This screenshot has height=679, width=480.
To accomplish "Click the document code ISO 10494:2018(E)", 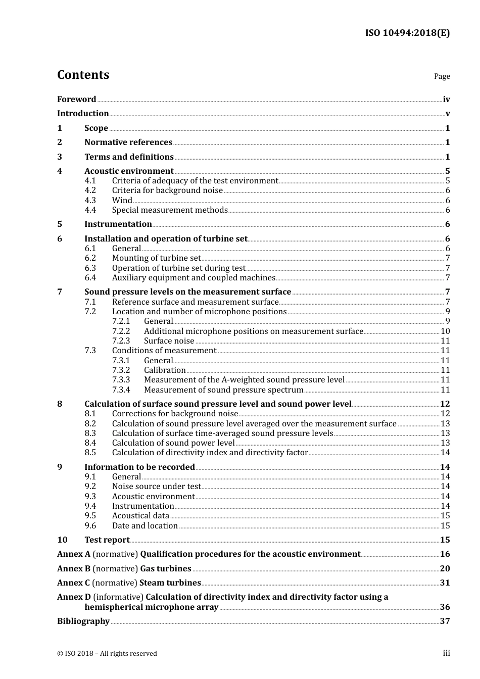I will pos(407,33).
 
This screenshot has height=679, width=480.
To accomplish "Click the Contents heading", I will pos(83,75).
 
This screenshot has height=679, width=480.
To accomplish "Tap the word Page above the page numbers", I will pos(442,76).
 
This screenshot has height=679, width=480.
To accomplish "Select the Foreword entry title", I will pos(76,100).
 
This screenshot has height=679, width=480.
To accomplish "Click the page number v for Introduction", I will pos(447,114).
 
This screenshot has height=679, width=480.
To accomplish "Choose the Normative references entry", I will pos(128,142).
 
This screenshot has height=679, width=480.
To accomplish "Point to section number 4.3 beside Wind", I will pos(90,200).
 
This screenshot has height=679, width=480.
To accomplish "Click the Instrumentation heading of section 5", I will pos(118,224).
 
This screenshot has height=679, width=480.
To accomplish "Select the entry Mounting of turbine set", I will pos(156,258).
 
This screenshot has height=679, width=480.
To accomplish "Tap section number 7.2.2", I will pos(121,331).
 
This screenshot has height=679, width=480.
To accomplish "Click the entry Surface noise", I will pos(169,341).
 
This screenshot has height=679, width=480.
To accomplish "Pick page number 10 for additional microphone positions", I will pos(445,331).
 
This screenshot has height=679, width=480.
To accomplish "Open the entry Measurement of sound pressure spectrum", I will pos(223,390).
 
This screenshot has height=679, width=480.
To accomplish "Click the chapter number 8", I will pos(60,404).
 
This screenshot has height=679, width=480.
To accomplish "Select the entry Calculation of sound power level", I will pos(173,443).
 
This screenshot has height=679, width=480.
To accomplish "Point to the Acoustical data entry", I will pos(140,516).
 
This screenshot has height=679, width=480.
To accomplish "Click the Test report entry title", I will pos(107,540).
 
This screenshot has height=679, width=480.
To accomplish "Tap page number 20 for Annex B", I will pos(445,569).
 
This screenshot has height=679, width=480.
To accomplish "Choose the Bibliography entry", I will pos(83,621).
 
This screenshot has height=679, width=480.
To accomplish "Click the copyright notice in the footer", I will pos(107,654).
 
